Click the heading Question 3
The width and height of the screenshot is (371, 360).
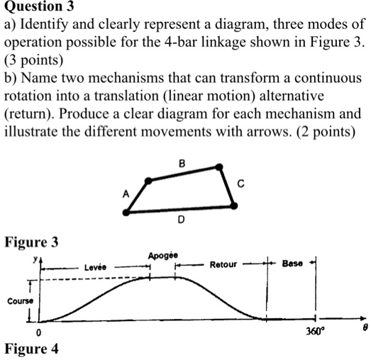point(39,6)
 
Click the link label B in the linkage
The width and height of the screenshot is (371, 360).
point(182,164)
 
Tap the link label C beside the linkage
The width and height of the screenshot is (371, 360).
point(240,184)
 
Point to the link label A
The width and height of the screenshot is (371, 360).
point(126,194)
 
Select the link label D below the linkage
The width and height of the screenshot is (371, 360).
point(181,220)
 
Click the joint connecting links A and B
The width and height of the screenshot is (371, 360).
point(148,181)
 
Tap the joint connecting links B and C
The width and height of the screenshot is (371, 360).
point(219,167)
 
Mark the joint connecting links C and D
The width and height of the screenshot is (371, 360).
point(234,206)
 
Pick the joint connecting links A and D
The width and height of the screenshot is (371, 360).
point(126,213)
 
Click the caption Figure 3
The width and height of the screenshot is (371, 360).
point(31,242)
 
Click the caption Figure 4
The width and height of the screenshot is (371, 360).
point(31,349)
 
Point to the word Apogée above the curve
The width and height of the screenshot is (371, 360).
point(163,256)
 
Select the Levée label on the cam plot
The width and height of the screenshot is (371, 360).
point(95,267)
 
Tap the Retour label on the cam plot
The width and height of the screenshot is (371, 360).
point(223,264)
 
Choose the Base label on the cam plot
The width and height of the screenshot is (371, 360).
point(292,264)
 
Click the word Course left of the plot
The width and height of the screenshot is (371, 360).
point(20,301)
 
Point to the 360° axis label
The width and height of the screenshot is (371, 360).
point(314,332)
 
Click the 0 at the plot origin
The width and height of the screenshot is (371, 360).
point(38,332)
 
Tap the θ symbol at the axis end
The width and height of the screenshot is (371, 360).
point(365,327)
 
